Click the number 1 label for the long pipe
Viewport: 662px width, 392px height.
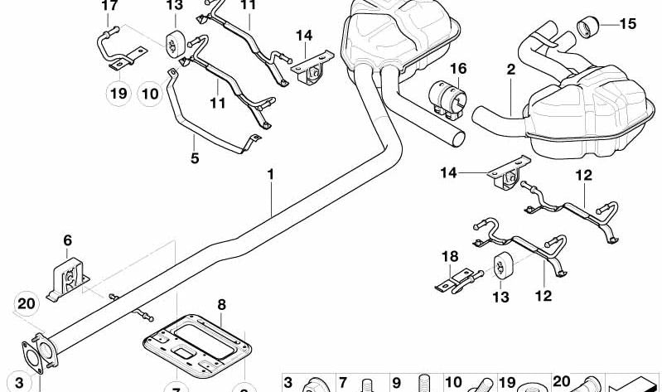tap(269, 175)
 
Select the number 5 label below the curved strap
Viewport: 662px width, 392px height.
tap(195, 157)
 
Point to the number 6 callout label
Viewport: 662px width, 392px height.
tap(67, 240)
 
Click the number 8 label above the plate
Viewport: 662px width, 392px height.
tap(221, 305)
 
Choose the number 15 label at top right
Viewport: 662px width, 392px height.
tap(627, 24)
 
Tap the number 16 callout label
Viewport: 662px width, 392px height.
tap(458, 68)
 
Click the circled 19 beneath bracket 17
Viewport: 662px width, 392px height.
tap(117, 94)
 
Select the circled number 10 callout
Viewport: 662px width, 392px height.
tap(149, 94)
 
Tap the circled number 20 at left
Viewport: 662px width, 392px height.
tap(27, 303)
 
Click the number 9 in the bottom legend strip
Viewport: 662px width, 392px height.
tap(396, 383)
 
